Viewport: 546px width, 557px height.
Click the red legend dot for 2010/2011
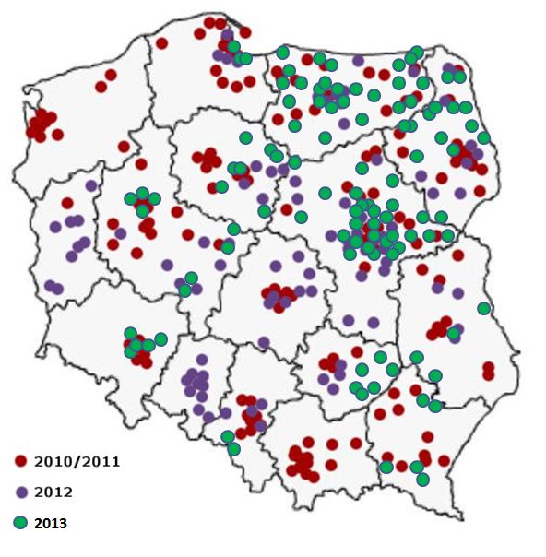(x=20, y=459)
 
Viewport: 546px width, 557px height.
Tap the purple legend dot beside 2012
(x=20, y=492)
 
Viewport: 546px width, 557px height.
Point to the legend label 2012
(x=53, y=492)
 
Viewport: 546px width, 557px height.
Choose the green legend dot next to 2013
(x=20, y=523)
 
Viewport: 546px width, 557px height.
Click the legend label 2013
(x=52, y=523)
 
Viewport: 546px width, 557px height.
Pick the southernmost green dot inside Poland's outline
(x=422, y=480)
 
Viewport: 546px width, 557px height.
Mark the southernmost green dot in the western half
(x=234, y=449)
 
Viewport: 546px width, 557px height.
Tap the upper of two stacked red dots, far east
(x=488, y=365)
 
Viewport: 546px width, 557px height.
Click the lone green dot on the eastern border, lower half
(x=483, y=308)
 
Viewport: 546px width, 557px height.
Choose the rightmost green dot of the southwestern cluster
(x=160, y=339)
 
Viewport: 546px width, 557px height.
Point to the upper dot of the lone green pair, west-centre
(x=191, y=278)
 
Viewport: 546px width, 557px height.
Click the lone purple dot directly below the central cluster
(x=264, y=342)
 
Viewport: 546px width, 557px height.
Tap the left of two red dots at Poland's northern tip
(x=210, y=22)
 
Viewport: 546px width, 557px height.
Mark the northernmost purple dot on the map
(x=227, y=35)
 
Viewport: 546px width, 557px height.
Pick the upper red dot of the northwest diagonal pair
(x=111, y=75)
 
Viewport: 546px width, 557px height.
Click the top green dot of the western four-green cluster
(x=142, y=193)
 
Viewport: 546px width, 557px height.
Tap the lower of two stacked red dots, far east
(x=488, y=374)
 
